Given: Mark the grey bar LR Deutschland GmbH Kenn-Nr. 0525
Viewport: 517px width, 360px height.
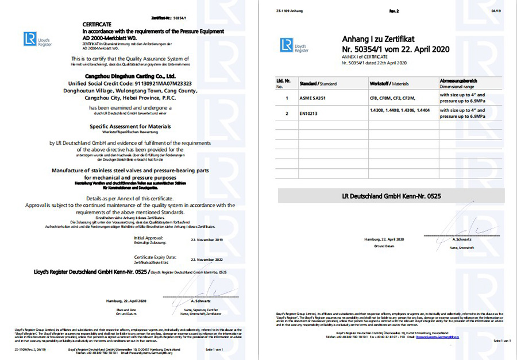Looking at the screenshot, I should click(392, 196).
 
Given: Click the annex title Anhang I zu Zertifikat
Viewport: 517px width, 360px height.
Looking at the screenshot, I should click(374, 39).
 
